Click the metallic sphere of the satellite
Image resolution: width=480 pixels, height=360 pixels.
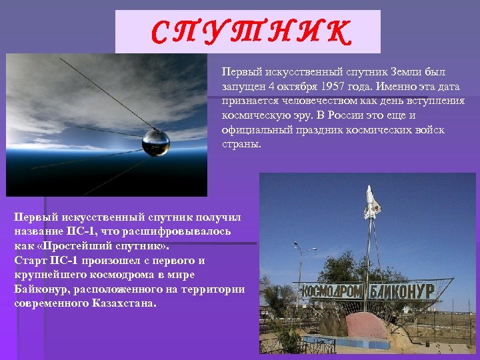(156, 142)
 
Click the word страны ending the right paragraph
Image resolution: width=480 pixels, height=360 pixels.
(241, 145)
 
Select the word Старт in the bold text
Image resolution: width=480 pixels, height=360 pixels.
(30, 259)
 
